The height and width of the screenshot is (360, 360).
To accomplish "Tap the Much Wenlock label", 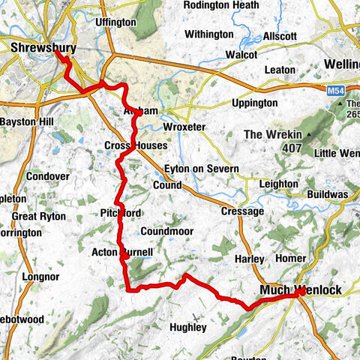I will click(300, 290).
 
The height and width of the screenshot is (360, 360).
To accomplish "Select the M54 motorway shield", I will click(336, 90).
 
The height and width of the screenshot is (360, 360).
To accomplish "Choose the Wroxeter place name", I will click(183, 127).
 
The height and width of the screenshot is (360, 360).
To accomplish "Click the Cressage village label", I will click(242, 211).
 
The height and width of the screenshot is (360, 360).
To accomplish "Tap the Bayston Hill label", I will click(26, 121).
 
